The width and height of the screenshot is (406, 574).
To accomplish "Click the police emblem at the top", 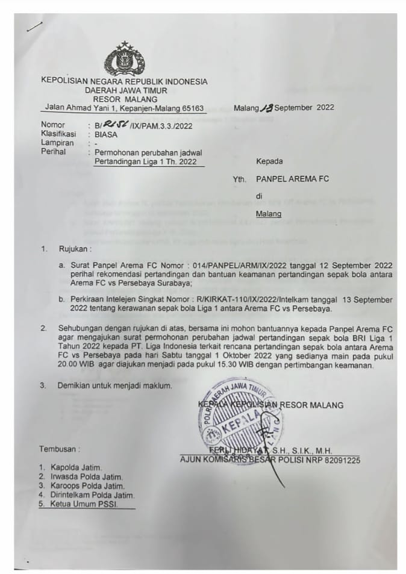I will click(x=125, y=60).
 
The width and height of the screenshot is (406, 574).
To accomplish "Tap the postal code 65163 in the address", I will click(x=191, y=108).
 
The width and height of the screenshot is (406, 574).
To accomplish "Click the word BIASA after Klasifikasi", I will click(x=106, y=134).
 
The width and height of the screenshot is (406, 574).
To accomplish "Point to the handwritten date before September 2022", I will click(x=265, y=108).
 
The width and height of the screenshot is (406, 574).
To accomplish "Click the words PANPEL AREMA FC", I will click(x=293, y=179).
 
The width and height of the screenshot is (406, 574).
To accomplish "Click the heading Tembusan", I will click(x=60, y=449).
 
